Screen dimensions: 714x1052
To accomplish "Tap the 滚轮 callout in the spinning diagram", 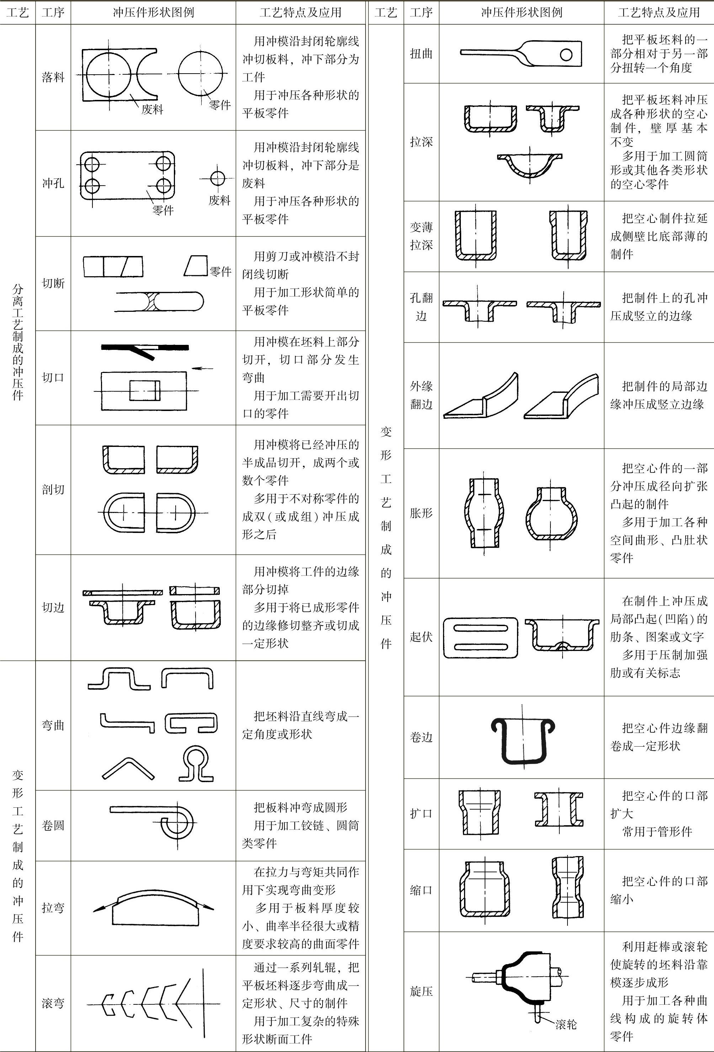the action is [566, 1024].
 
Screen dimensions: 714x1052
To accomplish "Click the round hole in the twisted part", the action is [566, 55].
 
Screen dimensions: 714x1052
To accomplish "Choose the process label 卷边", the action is [421, 737].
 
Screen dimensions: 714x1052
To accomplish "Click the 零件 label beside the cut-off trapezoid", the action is [220, 271].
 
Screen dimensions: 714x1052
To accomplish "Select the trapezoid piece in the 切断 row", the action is [196, 266].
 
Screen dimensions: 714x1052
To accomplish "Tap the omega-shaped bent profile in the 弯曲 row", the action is [196, 764].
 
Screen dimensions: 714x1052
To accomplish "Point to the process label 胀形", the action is [421, 513].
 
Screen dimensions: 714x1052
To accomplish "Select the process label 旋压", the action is [421, 991].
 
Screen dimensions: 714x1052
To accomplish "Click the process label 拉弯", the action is [53, 908].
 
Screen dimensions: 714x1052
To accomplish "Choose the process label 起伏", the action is [421, 637].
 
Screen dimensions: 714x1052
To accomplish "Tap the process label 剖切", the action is [53, 489].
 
